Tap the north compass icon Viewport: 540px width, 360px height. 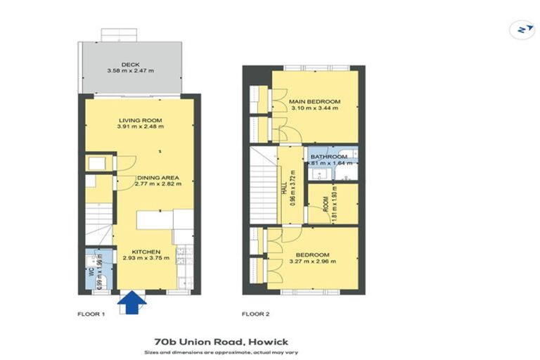[x=522, y=30]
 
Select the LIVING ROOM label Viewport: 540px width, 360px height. [x=141, y=120]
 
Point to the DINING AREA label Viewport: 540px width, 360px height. [x=157, y=177]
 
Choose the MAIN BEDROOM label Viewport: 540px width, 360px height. [x=314, y=102]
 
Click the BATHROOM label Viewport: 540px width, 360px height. [x=330, y=156]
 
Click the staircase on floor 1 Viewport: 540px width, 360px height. [x=98, y=224]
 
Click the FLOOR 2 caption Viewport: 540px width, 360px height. [x=256, y=314]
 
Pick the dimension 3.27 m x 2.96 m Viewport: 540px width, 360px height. [x=313, y=261]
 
